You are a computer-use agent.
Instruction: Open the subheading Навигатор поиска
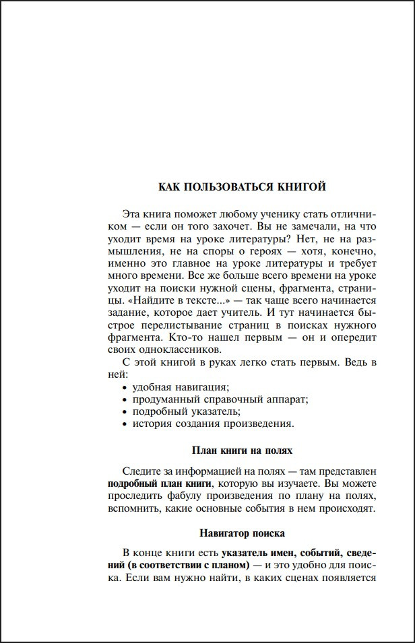242,534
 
